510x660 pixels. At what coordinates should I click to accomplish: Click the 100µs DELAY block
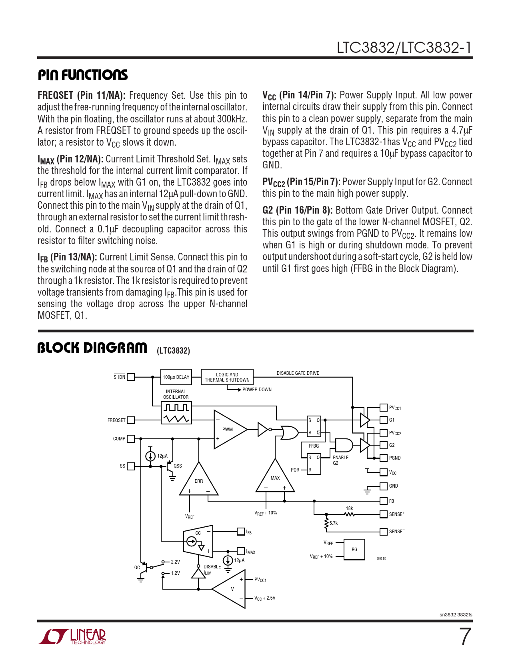click(x=176, y=377)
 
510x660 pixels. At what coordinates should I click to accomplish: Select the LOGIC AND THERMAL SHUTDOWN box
click(x=227, y=377)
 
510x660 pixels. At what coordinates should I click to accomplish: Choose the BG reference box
click(x=354, y=550)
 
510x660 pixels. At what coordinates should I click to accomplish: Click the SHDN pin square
click(x=131, y=377)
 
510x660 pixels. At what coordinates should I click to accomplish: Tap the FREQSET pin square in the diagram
click(x=131, y=420)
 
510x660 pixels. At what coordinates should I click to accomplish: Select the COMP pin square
click(x=131, y=438)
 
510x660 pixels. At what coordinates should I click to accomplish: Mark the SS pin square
click(x=131, y=466)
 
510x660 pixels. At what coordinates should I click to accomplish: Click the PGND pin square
click(x=383, y=458)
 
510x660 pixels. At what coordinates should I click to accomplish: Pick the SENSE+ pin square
click(x=383, y=514)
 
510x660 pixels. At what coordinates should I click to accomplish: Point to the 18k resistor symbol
click(x=349, y=514)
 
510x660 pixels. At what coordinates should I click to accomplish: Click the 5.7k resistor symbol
click(x=326, y=523)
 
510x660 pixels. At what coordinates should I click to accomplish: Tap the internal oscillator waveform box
click(x=176, y=413)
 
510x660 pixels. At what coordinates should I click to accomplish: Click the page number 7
click(x=465, y=637)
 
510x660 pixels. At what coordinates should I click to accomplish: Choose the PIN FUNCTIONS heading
click(x=83, y=75)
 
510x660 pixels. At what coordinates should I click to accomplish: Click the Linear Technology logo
click(x=72, y=636)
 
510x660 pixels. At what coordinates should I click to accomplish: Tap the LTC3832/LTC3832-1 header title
click(x=404, y=48)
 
